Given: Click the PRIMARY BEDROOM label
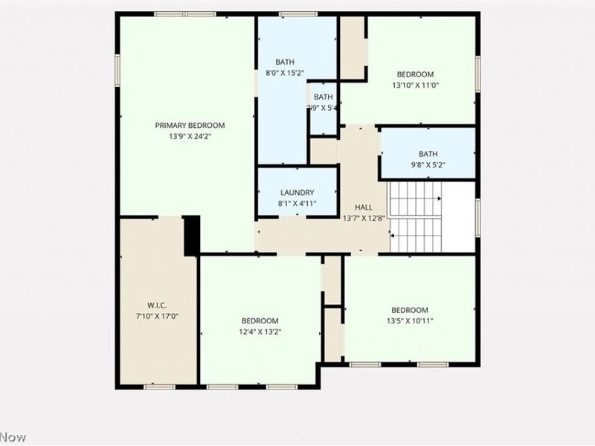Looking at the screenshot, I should point(190,126).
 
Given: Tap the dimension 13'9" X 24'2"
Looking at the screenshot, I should point(190,136).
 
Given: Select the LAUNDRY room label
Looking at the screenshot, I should point(297,193).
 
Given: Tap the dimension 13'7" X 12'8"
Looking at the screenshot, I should point(363,219).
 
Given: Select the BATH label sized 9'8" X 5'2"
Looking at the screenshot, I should point(428,154).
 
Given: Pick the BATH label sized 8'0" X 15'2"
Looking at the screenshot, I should point(285,62).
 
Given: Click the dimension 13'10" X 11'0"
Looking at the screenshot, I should point(415,85).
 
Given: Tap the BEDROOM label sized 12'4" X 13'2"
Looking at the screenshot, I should point(260,321).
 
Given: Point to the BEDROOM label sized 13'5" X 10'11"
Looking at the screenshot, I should point(410,310).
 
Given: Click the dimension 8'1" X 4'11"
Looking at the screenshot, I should point(297,203).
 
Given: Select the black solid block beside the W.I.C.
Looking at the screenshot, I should point(191,235).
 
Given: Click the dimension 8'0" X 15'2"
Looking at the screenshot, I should point(285,73).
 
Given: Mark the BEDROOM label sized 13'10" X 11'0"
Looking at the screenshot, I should point(415,74).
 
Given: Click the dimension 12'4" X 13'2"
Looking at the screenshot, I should point(260,332).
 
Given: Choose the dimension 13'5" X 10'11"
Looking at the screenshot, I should point(410,320).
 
